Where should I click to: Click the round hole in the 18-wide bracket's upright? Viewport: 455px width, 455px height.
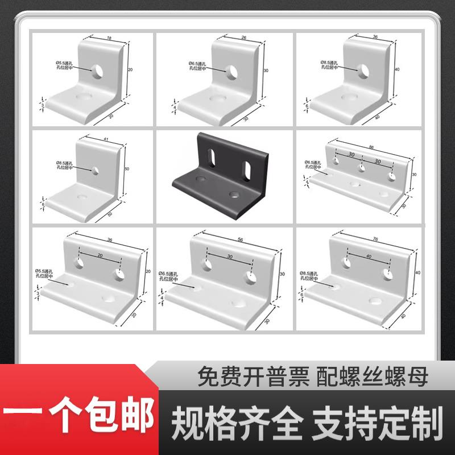point(98,70)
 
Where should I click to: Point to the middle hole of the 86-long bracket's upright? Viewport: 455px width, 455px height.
point(362,168)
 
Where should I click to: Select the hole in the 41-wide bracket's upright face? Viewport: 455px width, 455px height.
point(95,169)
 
